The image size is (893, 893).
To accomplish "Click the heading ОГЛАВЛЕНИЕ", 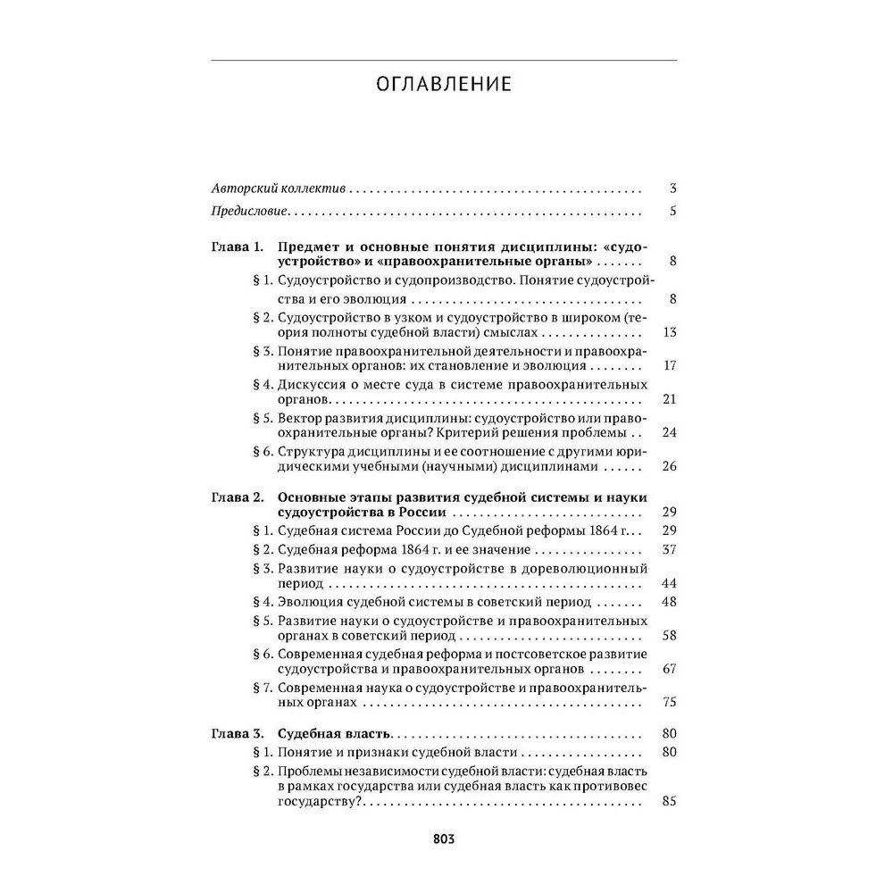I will coord(444,85).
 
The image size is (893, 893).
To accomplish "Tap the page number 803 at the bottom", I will coord(444,839).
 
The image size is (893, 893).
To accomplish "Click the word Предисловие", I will coord(249,213).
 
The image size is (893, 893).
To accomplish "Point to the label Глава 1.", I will coord(237,247).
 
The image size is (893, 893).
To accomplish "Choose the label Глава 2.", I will coord(237,497).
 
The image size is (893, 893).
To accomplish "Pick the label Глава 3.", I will coord(237,733).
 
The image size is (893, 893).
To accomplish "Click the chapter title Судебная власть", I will coord(336,733).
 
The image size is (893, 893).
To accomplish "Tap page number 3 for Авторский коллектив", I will coord(673,189).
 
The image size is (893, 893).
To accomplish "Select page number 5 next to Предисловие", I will coord(673,213).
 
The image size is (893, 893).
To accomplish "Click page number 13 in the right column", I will coord(671,333).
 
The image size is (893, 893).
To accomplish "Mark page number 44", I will coord(671,583).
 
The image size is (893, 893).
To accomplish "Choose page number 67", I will coord(671,669).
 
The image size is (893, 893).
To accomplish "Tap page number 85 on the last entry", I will coord(671,802).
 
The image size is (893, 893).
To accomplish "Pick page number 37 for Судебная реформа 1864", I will coord(671,549).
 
